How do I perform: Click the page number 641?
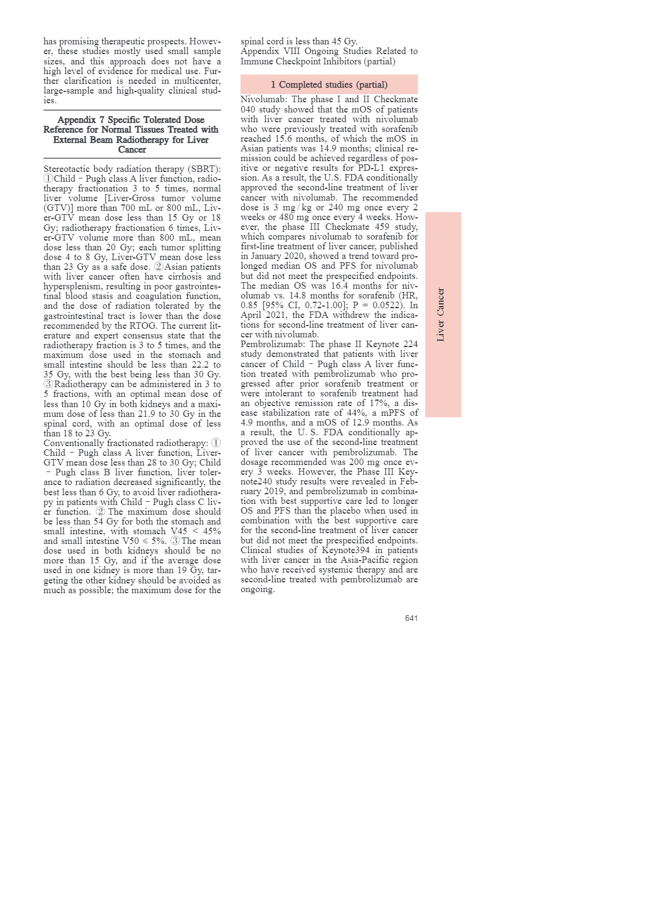(x=411, y=618)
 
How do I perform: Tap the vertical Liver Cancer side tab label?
(x=441, y=315)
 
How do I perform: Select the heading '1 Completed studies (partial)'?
(x=329, y=85)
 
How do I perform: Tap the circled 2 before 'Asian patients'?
(x=159, y=267)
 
